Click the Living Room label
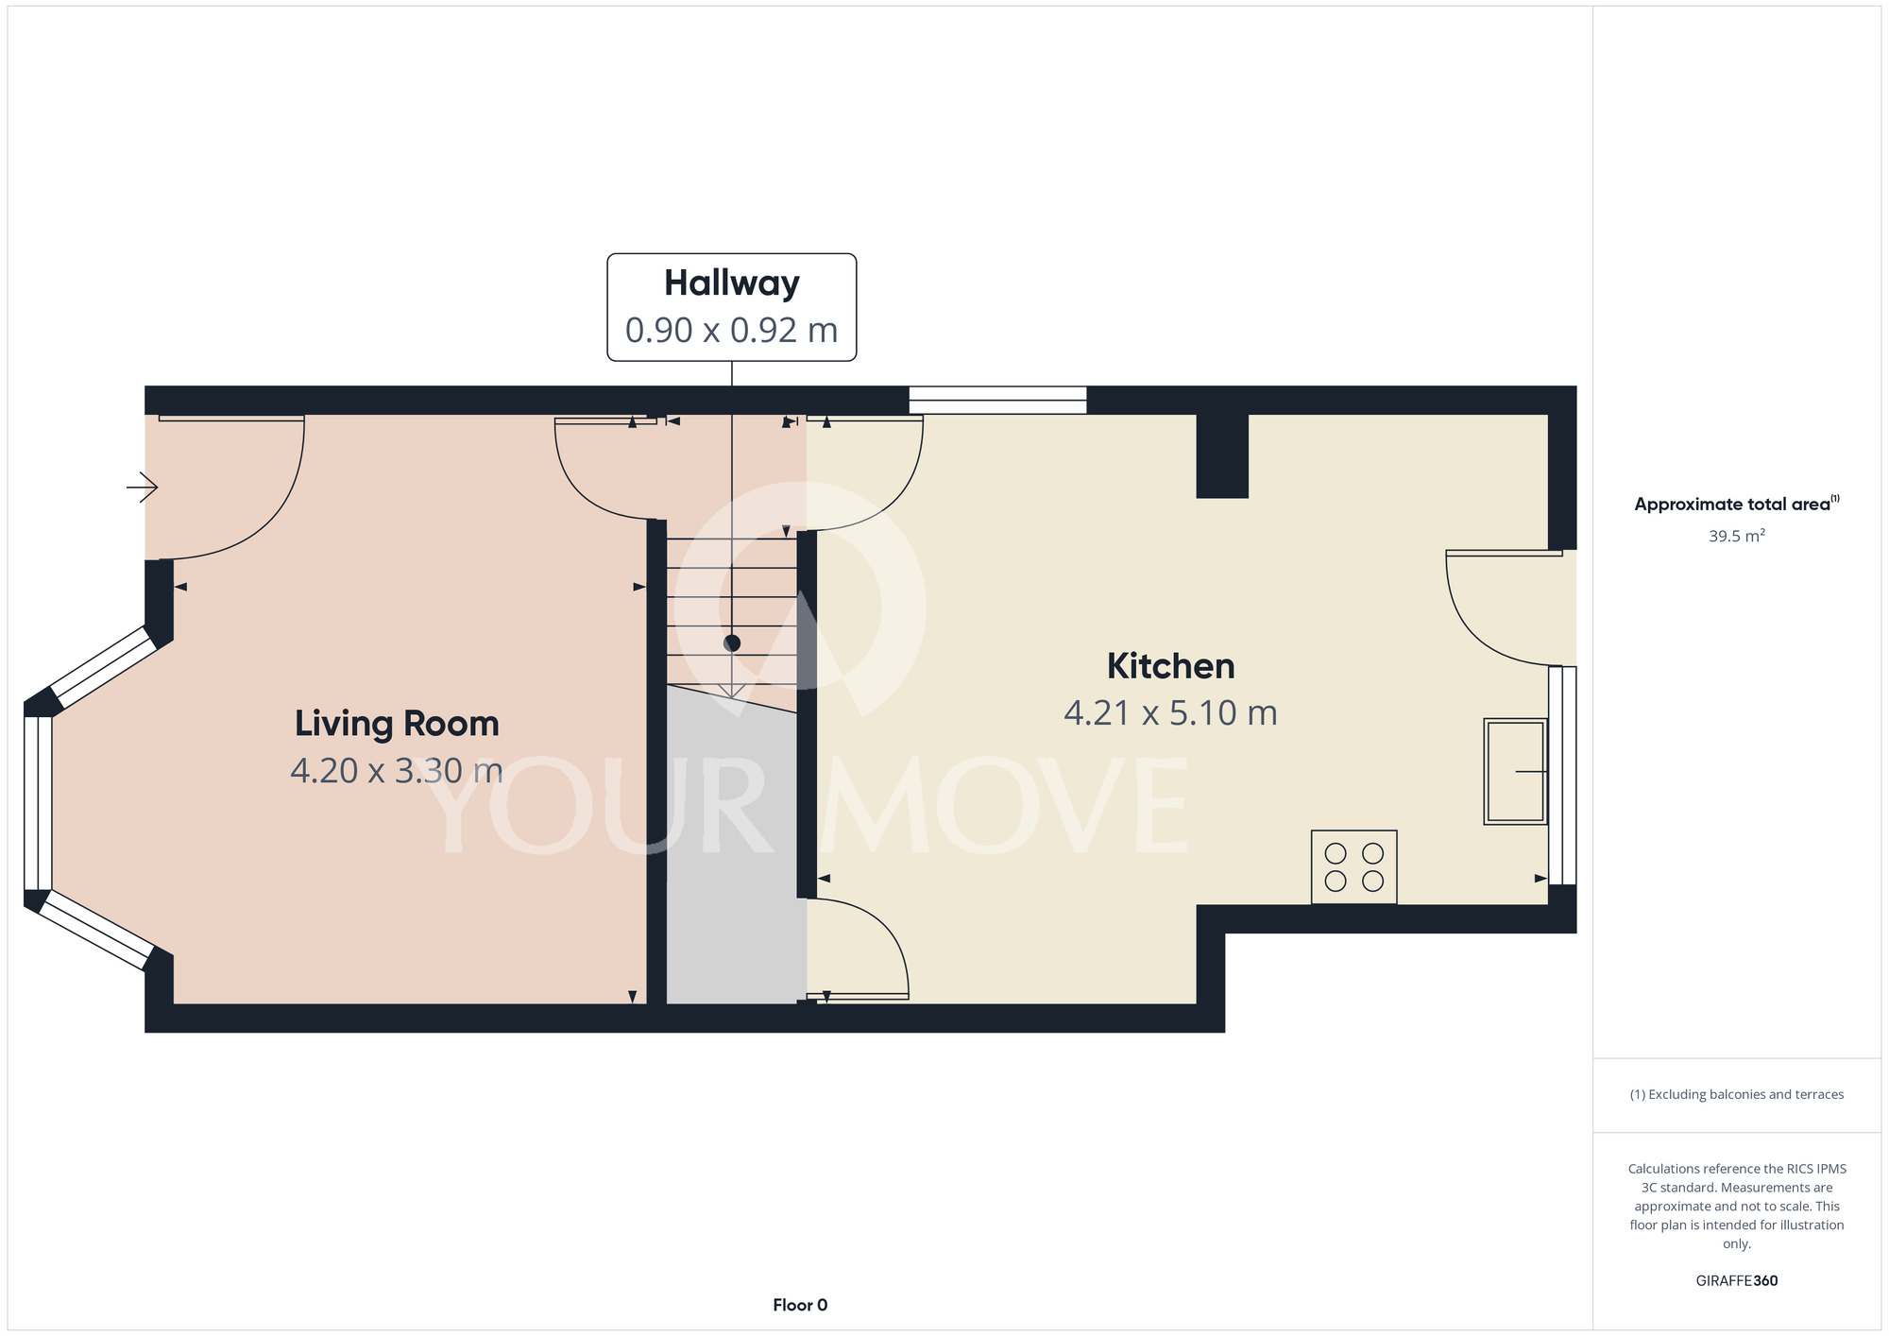coord(397,724)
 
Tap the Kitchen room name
coord(1170,666)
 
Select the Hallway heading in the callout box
coord(732,283)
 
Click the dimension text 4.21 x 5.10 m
coord(1170,712)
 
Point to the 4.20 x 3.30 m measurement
coord(397,771)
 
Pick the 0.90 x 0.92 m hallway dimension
coord(732,330)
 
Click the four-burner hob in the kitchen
coord(1353,867)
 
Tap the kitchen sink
coord(1515,771)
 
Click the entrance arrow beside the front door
coord(142,488)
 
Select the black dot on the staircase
coord(732,643)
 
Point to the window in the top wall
coord(997,400)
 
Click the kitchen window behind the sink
coord(1562,775)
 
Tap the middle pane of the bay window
coord(38,803)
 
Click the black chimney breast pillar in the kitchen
coord(1222,455)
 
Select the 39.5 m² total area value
coord(1736,536)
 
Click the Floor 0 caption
coord(800,1305)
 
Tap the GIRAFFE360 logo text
coord(1736,1281)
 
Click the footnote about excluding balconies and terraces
coord(1736,1094)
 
